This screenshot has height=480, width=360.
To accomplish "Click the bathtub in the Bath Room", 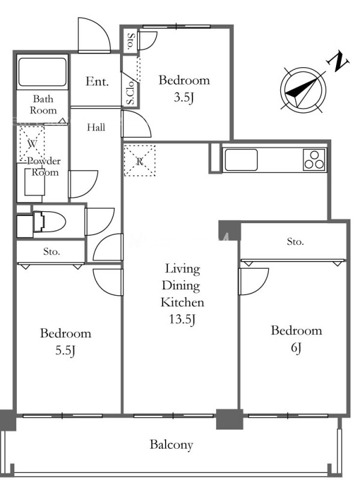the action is click(x=42, y=72).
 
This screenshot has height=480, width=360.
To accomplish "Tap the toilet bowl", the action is click(x=49, y=221).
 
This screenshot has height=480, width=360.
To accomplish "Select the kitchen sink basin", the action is click(x=241, y=160).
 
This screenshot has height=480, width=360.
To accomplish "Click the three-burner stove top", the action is click(x=314, y=160).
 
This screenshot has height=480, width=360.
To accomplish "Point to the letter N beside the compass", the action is click(x=338, y=61).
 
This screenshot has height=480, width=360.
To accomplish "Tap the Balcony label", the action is click(x=172, y=445).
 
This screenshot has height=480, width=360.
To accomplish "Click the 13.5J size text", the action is click(x=182, y=319).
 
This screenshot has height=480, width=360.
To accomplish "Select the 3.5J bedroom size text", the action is click(x=184, y=97).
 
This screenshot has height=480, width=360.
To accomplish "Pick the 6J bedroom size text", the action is click(x=296, y=348).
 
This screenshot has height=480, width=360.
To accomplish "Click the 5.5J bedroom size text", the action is click(x=65, y=350).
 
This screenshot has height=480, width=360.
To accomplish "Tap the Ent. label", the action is click(x=97, y=82).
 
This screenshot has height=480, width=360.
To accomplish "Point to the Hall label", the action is click(x=96, y=127).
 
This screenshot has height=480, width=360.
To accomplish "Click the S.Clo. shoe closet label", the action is click(x=130, y=92).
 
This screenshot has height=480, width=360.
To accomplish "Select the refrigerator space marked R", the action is click(x=140, y=160).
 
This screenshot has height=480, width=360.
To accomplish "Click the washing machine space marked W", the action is click(x=32, y=143).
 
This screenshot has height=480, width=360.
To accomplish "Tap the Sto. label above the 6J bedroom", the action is click(x=295, y=242).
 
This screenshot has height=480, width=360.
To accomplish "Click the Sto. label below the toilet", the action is click(x=51, y=251).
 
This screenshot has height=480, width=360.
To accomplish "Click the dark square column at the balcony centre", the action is click(x=230, y=419).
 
